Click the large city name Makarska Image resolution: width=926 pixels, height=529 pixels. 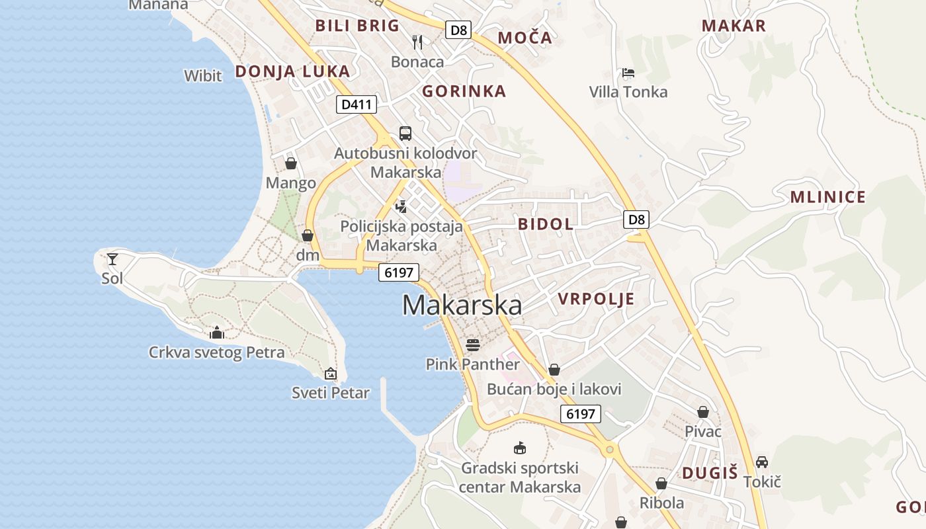click(462, 305)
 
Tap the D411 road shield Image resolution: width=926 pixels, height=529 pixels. click(356, 104)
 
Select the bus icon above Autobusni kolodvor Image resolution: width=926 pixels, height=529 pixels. click(405, 134)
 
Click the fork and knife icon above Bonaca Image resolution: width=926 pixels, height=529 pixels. click(417, 42)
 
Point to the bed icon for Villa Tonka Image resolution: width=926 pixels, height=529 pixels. click(628, 73)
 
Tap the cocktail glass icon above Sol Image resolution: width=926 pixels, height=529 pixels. click(112, 259)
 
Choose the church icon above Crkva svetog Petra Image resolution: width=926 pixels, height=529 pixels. click(217, 333)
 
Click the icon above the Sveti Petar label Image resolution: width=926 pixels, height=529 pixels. click(331, 374)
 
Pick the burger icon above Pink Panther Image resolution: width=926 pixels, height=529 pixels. click(472, 345)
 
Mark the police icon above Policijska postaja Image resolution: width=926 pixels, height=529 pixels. click(401, 206)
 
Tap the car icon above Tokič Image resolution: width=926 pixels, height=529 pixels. click(762, 462)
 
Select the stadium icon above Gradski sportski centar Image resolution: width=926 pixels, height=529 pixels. click(520, 448)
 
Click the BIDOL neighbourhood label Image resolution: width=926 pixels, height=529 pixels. click(546, 224)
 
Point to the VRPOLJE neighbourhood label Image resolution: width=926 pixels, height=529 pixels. click(596, 299)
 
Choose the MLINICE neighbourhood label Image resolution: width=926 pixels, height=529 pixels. click(827, 197)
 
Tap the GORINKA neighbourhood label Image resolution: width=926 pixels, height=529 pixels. click(464, 91)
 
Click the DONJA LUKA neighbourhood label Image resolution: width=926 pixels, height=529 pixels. click(292, 71)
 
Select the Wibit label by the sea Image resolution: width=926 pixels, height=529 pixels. click(203, 76)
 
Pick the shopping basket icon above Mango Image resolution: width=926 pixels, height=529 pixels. click(290, 163)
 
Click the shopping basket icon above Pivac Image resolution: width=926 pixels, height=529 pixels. click(702, 412)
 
